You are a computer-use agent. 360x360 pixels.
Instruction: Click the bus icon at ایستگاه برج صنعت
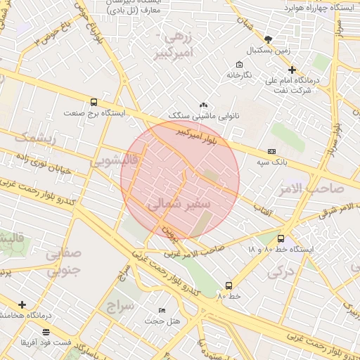[x=94, y=102]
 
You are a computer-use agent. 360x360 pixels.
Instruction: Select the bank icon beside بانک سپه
[x=271, y=152]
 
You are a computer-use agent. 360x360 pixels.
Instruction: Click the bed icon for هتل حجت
[x=162, y=310]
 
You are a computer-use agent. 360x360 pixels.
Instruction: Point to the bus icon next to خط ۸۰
[x=229, y=285]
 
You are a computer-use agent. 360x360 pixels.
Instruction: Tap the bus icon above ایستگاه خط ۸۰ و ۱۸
[x=281, y=239]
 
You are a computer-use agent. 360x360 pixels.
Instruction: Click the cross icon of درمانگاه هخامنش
[x=23, y=304]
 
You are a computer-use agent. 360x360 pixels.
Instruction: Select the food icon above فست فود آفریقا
[x=46, y=331]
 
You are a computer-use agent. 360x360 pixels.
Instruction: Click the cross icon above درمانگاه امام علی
[x=292, y=70]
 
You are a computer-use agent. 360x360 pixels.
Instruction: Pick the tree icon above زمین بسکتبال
[x=268, y=39]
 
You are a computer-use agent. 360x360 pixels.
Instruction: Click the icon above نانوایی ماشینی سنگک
[x=203, y=104]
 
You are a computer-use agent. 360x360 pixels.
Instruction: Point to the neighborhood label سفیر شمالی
[x=179, y=204]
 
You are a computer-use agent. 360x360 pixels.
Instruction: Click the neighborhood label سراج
[x=121, y=306]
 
